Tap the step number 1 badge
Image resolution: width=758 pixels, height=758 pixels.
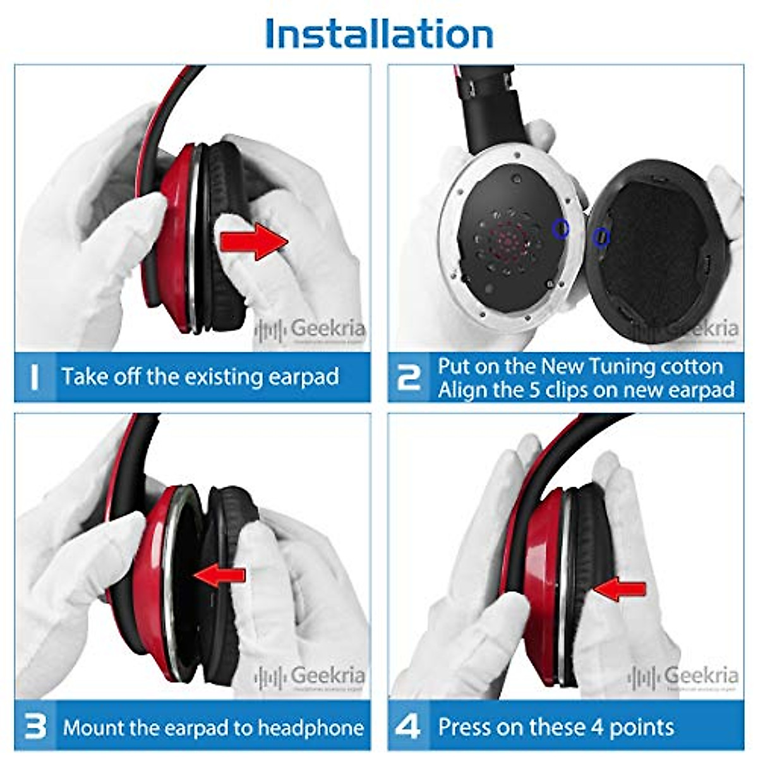coord(35,377)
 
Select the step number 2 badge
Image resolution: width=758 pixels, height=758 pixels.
coord(409,377)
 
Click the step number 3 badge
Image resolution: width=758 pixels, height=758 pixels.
coord(35,727)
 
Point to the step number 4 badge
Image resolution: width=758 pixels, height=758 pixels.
coord(408,727)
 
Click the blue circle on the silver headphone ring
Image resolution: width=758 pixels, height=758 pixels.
coord(560,229)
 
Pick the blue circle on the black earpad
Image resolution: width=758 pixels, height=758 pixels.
coord(601,237)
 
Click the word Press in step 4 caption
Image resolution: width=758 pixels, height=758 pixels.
coord(464,727)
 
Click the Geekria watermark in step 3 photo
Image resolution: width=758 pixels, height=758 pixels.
coord(311,676)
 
